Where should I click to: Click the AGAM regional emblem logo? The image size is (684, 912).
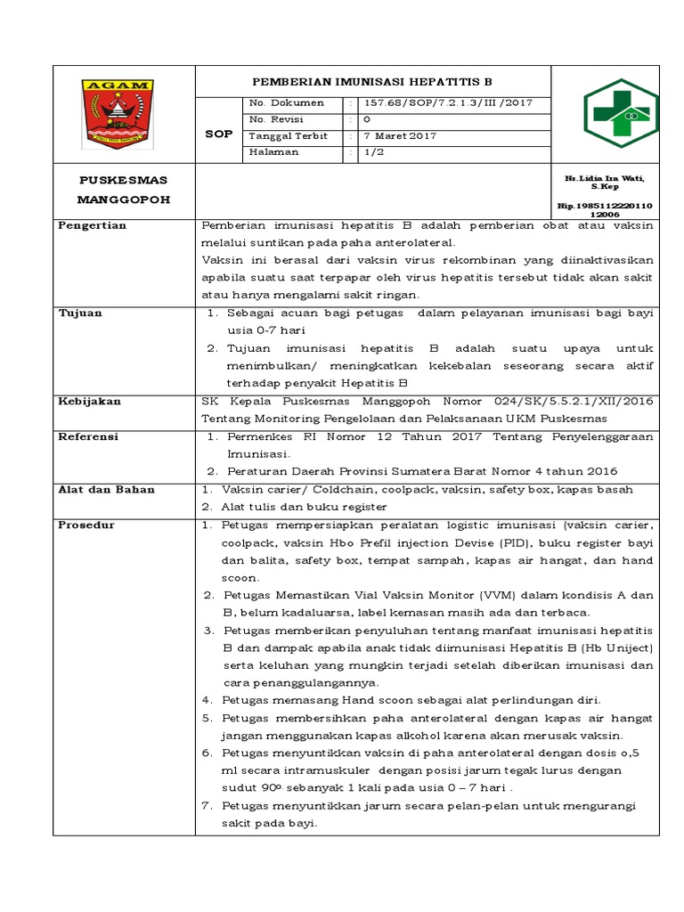tap(124, 114)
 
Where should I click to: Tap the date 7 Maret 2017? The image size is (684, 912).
tap(400, 136)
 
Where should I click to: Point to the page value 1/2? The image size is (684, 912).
tap(371, 152)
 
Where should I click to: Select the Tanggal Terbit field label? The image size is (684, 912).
tap(289, 136)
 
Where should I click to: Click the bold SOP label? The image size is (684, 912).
tap(218, 134)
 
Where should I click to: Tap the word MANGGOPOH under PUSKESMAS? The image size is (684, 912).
tap(124, 199)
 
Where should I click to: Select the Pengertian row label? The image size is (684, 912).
tap(92, 226)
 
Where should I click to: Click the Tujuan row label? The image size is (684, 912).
tap(80, 313)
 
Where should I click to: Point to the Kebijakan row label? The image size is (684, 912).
tap(89, 402)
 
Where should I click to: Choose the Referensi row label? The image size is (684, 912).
tap(88, 437)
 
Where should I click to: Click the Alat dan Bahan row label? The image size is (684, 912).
tap(106, 490)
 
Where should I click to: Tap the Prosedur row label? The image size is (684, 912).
tap(86, 525)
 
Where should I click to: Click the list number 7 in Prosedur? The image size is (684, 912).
tap(207, 806)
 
